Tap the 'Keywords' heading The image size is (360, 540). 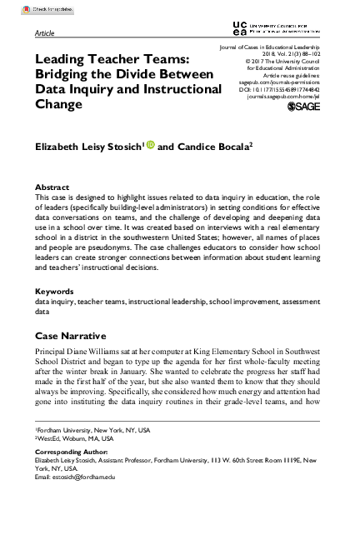point(54,292)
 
